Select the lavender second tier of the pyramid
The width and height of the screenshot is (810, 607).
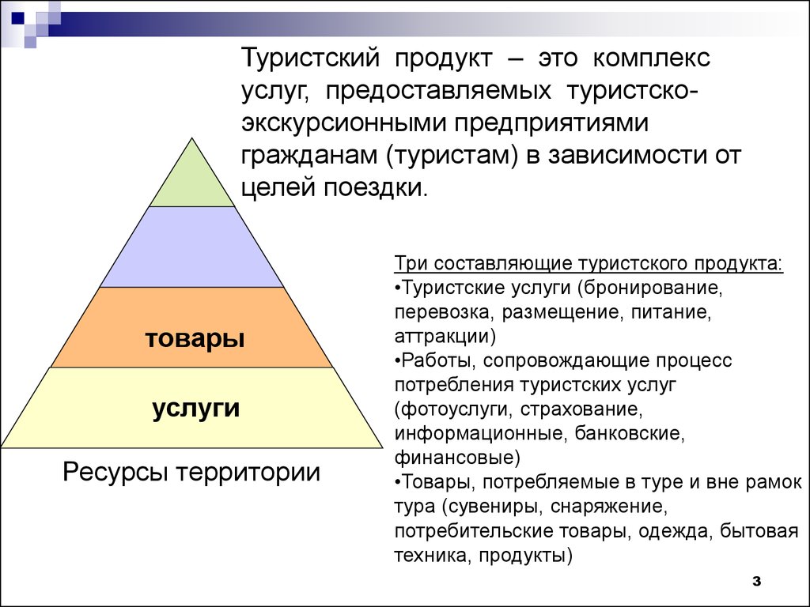192,247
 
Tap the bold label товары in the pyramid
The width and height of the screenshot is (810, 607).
195,340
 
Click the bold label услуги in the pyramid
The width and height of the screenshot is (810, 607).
196,409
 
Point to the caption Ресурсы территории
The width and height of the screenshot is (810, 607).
191,472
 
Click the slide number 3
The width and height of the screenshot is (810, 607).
757,581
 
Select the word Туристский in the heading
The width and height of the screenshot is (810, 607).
310,58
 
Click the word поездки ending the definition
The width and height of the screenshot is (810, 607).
376,188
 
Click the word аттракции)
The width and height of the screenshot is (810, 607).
445,337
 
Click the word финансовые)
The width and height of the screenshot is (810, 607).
457,458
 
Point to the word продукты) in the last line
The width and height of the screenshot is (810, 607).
525,556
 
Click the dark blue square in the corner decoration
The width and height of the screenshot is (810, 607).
17,18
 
